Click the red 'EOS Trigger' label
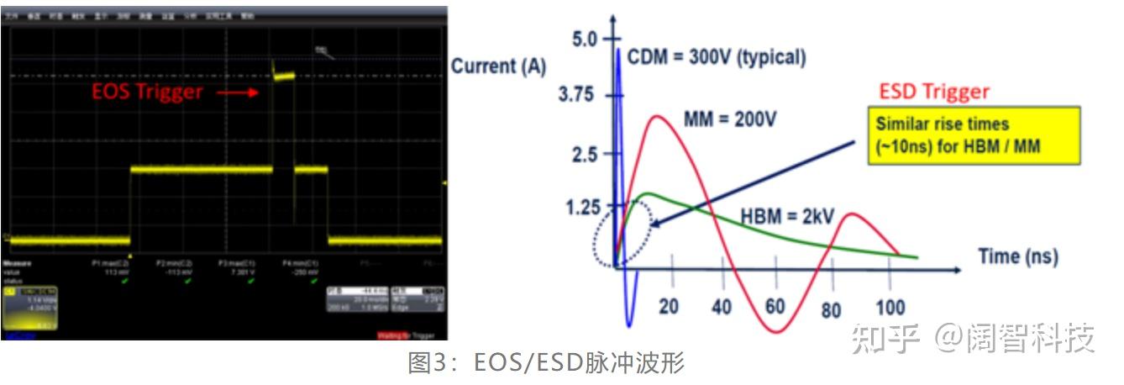[147, 92]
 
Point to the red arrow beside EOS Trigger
[243, 92]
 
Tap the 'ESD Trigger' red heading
[933, 92]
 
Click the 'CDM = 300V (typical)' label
[717, 58]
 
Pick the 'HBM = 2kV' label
[786, 216]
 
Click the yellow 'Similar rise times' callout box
[973, 134]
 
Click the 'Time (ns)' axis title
[1017, 256]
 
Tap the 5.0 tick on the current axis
[584, 39]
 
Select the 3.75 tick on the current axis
[576, 95]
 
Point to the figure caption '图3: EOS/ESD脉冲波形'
[546, 364]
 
